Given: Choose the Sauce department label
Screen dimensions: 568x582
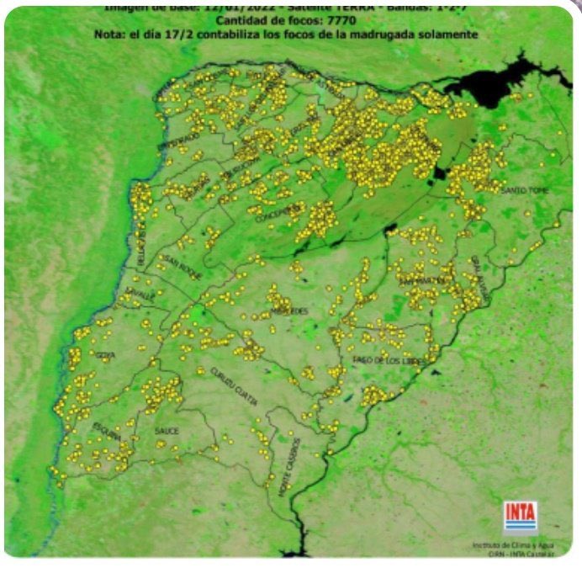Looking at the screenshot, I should click(167, 431).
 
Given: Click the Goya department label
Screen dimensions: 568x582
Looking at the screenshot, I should click(106, 355).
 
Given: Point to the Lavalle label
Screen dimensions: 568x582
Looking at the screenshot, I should click(140, 297).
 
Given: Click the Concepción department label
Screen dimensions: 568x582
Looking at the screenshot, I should click(280, 207).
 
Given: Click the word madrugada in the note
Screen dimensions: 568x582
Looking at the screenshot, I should click(388, 35).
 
